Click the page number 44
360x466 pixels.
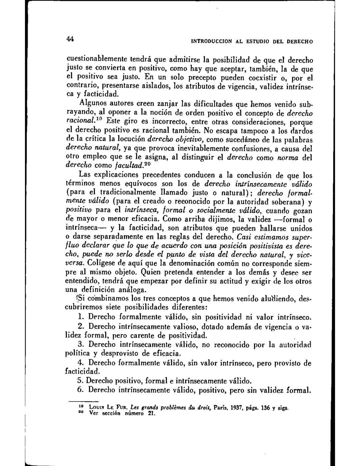[x=70, y=39]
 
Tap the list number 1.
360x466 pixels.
[x=79, y=316]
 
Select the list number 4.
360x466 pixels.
[x=80, y=362]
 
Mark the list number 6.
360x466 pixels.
[x=80, y=390]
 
